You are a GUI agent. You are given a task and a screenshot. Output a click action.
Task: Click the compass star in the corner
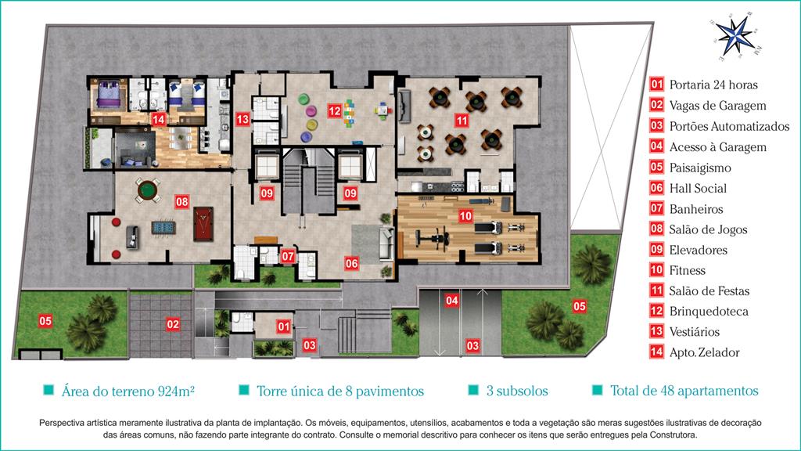coord(735,37)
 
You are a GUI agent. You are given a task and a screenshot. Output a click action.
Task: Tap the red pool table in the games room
coord(203,223)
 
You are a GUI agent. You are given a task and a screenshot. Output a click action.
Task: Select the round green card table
coord(148,190)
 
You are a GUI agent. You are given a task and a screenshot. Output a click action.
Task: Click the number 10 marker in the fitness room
coord(465,216)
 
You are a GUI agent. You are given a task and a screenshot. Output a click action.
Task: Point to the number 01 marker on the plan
coord(284,327)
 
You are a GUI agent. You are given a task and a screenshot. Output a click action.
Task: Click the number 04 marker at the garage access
coord(451,300)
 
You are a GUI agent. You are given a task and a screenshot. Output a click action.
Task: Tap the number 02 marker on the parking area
coord(173,323)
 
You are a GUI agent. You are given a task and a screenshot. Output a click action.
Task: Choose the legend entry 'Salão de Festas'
coord(709,291)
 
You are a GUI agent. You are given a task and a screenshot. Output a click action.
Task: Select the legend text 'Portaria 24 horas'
coord(713,85)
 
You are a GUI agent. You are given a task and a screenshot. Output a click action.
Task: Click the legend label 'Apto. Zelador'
coord(705,352)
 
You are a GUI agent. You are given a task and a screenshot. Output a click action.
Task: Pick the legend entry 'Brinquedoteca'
coord(709,312)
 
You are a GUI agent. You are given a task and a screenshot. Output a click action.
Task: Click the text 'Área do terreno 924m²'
coord(128,391)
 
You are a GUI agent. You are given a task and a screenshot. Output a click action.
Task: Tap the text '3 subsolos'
coord(517,391)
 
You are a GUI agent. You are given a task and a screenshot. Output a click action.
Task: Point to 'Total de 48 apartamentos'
coord(684,391)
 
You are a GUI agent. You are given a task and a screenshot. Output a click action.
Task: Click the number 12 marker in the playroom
coord(335,111)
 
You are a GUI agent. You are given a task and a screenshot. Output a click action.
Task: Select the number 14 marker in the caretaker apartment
coord(158,120)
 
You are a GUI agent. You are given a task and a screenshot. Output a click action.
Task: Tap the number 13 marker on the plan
coord(242,120)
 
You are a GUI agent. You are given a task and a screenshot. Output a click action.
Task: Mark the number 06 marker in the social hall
coord(351,264)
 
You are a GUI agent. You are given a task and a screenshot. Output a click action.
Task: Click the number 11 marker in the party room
coord(462,121)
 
